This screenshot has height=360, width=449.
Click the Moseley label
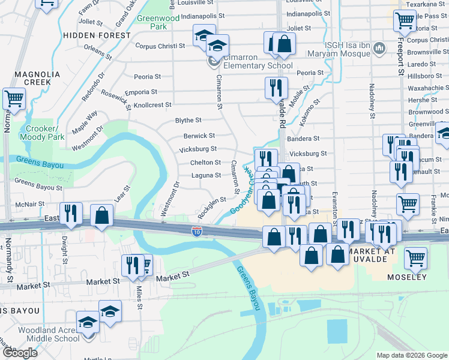tap(407, 277)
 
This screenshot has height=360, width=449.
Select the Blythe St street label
tap(188, 121)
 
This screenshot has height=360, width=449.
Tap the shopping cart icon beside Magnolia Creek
tap(14, 98)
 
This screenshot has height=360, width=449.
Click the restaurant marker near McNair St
tap(71, 213)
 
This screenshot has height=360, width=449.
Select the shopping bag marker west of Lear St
tap(102, 215)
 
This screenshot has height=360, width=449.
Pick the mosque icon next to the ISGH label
tap(379, 48)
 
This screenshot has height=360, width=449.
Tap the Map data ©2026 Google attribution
tap(412, 355)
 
